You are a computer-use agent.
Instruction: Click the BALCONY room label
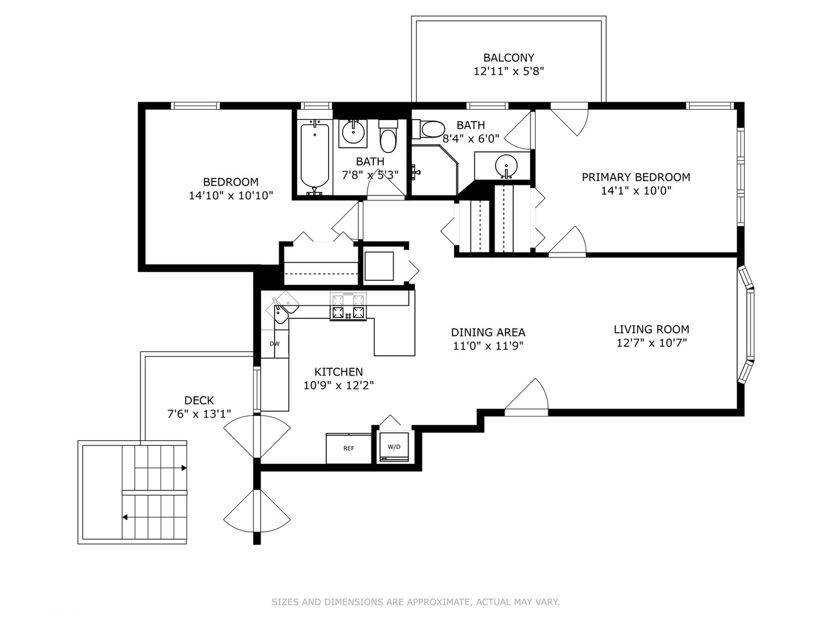click(x=508, y=58)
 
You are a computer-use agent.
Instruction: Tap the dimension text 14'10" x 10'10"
click(x=231, y=195)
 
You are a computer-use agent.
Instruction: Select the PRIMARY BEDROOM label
click(x=636, y=177)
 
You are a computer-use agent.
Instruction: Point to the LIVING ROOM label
click(x=651, y=329)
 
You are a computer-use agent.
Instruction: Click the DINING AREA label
click(x=488, y=332)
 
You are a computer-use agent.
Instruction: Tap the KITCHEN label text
click(x=339, y=372)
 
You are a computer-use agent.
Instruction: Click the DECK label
click(x=199, y=400)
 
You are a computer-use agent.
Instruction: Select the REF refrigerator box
click(x=349, y=448)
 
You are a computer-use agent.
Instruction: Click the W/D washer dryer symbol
click(x=394, y=447)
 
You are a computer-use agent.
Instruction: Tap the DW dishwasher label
click(x=274, y=344)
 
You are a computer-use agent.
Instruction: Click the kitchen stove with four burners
click(x=348, y=306)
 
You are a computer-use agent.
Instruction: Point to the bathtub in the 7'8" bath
click(x=315, y=157)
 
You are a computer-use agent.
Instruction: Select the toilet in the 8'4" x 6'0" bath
click(x=428, y=129)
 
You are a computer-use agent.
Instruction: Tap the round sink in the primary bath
click(x=506, y=165)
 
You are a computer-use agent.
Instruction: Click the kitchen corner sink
click(x=282, y=307)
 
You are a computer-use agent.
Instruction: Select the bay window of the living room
click(x=746, y=325)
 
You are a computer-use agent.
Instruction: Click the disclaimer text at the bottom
click(x=415, y=601)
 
